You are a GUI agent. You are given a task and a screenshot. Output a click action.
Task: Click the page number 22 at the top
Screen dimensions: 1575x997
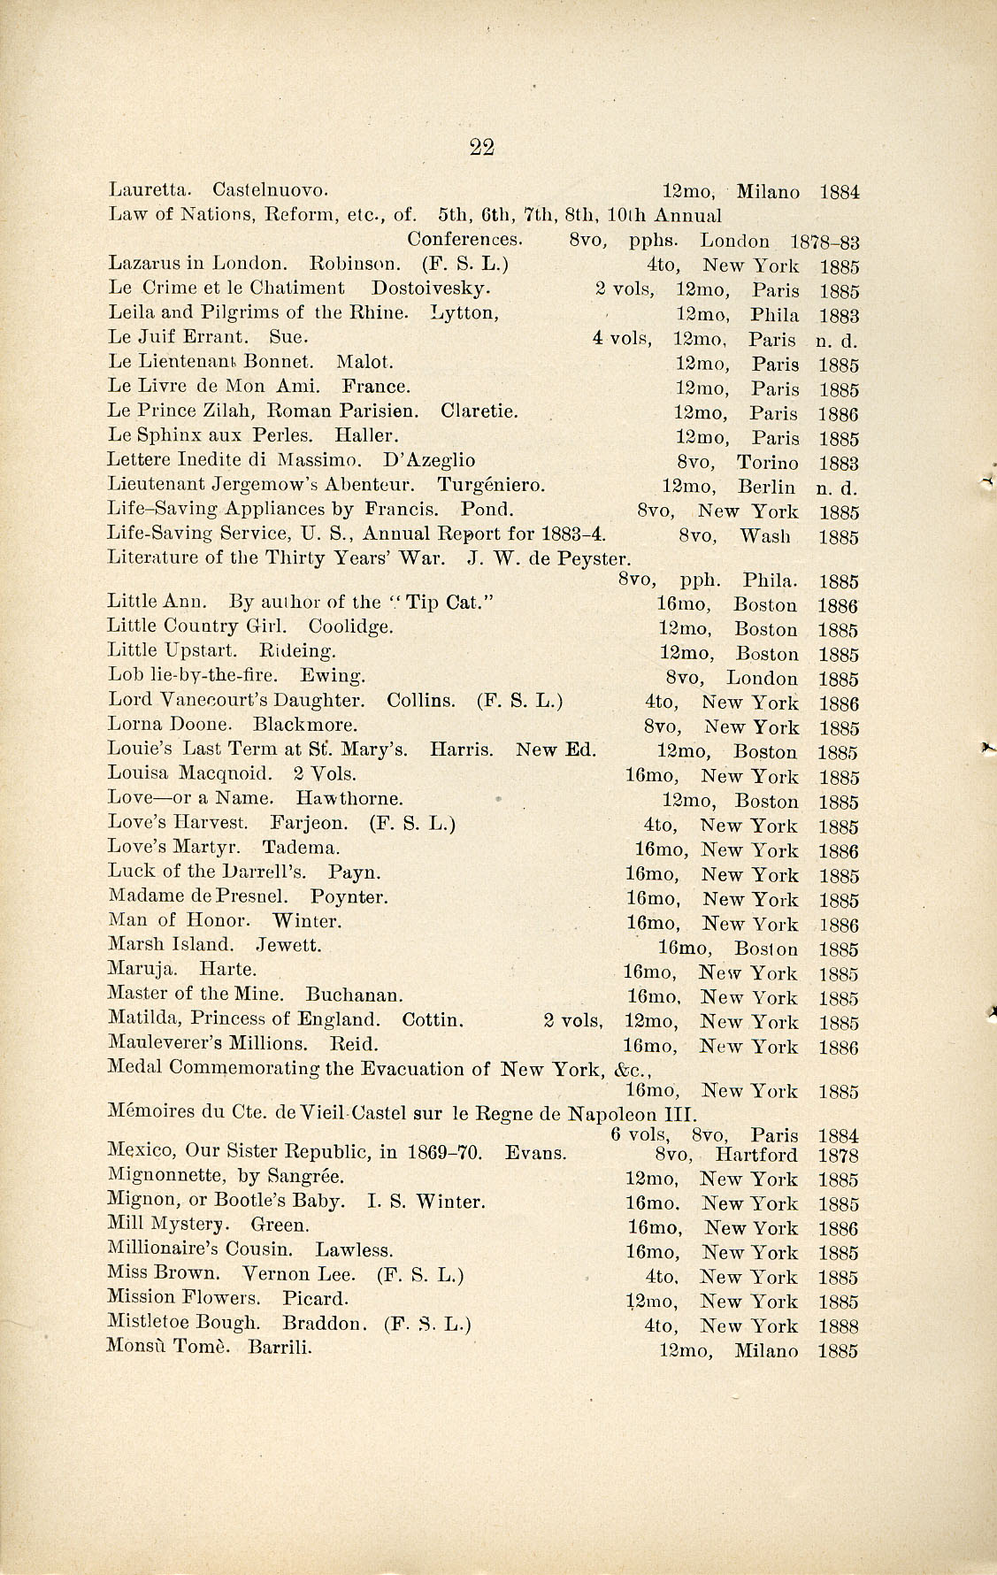pos(481,148)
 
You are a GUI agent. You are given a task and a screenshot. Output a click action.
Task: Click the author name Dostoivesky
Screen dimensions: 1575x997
pos(431,288)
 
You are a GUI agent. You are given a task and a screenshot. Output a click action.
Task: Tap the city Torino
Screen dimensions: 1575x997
pos(767,463)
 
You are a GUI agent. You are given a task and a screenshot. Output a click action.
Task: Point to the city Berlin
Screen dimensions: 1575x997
pos(766,487)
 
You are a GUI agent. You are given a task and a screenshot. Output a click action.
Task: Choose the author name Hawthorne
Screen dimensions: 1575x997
pos(349,798)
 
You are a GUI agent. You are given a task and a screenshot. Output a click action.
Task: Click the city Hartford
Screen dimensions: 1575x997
pos(756,1155)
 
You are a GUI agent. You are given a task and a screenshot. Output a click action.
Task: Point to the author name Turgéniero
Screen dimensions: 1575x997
pos(491,485)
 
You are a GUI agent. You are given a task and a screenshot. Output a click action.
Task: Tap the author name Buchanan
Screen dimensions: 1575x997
pos(355,995)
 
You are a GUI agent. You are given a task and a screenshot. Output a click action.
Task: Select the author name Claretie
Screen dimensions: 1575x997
pos(479,411)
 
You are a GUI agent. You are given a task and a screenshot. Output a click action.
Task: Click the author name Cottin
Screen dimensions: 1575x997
pos(433,1019)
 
